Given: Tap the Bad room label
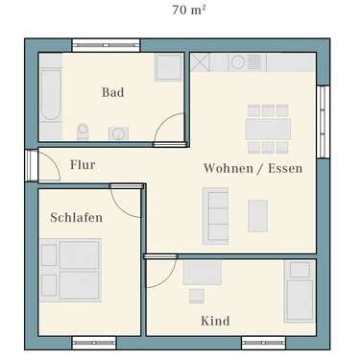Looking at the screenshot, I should pyautogui.click(x=113, y=92).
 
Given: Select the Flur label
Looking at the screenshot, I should pyautogui.click(x=83, y=165).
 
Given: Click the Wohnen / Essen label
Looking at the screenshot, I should pyautogui.click(x=253, y=168).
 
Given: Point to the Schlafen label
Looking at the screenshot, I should pyautogui.click(x=76, y=218).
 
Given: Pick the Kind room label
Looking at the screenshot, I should pyautogui.click(x=215, y=321).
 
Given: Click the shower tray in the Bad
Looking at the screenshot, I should pyautogui.click(x=169, y=67).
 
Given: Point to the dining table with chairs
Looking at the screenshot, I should pyautogui.click(x=268, y=129).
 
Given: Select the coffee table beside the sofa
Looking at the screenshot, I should pyautogui.click(x=257, y=215).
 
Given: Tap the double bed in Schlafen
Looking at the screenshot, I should pyautogui.click(x=70, y=268).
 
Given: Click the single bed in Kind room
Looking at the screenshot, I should pyautogui.click(x=299, y=291).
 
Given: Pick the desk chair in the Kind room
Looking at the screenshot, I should pyautogui.click(x=198, y=295).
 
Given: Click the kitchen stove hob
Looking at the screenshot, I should pyautogui.click(x=237, y=62).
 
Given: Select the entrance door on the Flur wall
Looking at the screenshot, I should pyautogui.click(x=33, y=165).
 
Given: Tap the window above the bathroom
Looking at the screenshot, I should pyautogui.click(x=106, y=44).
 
